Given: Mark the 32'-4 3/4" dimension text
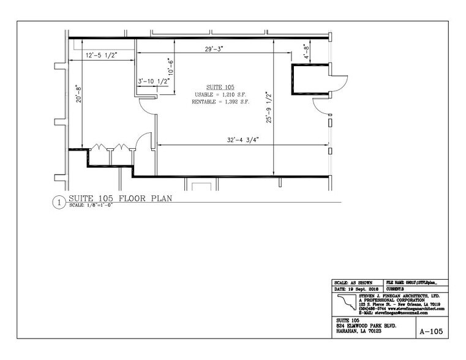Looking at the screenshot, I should tap(239, 140).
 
